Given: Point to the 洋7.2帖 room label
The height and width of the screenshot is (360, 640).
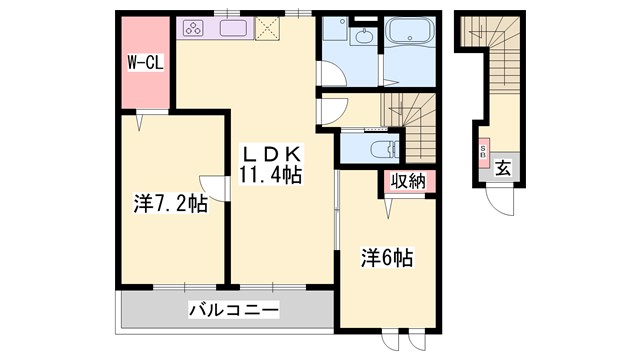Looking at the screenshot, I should coord(170,204).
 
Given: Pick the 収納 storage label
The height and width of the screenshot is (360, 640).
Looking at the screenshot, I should coord(408,184).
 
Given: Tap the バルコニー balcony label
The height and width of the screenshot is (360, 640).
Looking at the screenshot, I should coord(232,309).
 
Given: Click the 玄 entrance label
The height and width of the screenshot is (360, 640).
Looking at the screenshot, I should coord(502,168).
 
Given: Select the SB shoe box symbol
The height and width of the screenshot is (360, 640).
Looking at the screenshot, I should coord(483,154).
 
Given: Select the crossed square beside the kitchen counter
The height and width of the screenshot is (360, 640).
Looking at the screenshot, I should coord(268,29).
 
